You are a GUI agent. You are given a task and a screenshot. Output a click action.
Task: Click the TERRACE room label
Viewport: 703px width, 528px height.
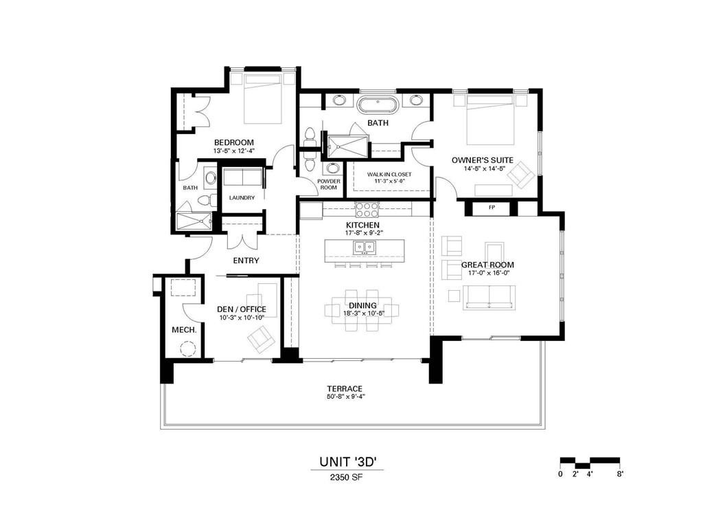[344, 388]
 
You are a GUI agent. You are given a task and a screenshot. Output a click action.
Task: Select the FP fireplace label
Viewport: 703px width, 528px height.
[492, 207]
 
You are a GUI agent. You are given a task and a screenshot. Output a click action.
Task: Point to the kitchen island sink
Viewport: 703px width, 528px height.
[362, 247]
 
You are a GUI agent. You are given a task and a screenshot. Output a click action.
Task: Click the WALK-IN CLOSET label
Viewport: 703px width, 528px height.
[389, 175]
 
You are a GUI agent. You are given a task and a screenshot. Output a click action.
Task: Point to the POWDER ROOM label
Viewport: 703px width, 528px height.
[328, 184]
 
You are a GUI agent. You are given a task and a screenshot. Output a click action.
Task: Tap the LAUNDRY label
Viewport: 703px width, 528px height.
[242, 198]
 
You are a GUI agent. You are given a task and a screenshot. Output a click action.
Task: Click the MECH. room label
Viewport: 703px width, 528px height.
[184, 330]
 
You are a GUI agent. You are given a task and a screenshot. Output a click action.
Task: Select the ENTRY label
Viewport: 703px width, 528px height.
[246, 261]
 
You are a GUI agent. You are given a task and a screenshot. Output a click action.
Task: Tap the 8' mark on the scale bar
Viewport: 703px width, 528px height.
[620, 474]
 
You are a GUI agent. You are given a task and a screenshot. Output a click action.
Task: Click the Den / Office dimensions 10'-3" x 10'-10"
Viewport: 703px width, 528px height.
[241, 318]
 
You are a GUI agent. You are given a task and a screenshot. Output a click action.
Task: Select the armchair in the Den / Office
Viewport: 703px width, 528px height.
[260, 338]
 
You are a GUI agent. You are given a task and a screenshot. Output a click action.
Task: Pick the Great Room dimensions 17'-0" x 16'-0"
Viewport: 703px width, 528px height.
[487, 273]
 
